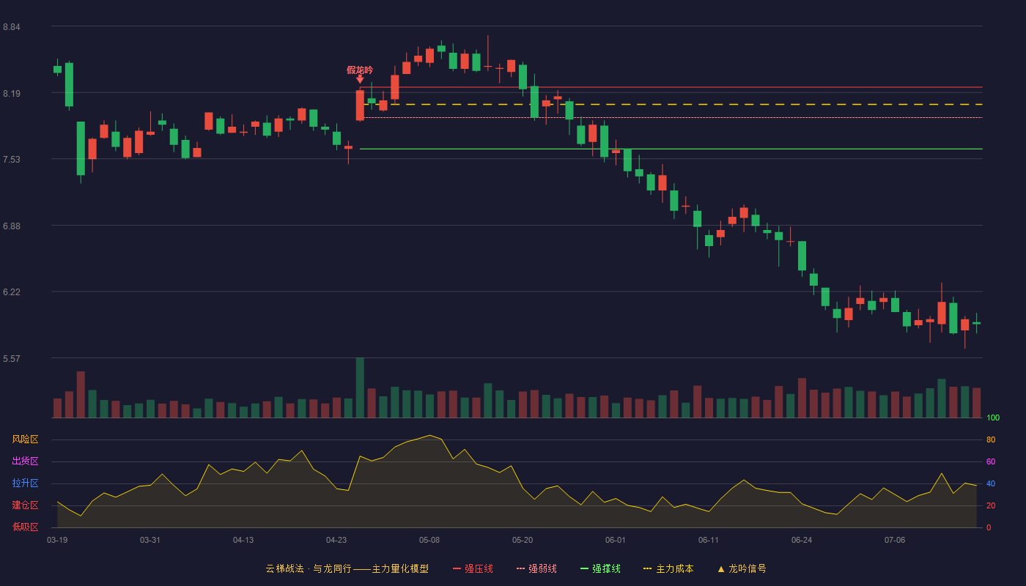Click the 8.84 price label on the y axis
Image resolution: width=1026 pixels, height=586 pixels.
coord(12,27)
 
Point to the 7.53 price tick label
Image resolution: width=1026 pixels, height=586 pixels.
coord(12,160)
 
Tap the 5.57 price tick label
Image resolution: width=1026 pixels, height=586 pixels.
coord(12,358)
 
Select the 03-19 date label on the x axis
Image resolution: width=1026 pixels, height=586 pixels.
coord(57,541)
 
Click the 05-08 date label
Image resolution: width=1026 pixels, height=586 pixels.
coord(429,541)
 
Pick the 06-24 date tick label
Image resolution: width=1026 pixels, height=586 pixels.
coord(802,541)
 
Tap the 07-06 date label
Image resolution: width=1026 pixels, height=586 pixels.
coord(895,541)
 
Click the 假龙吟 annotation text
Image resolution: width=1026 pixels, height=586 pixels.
coord(360,70)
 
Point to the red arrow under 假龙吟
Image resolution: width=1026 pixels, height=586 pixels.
coord(360,79)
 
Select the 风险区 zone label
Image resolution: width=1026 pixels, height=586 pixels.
coord(25,439)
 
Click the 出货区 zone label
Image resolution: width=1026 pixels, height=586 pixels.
coord(25,461)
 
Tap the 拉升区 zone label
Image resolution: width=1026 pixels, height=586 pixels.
coord(25,483)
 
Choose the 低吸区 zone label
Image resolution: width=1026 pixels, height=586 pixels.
coord(25,527)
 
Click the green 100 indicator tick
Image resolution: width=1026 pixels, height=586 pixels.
coord(993,418)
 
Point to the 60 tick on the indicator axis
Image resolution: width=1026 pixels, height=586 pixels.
coord(991,461)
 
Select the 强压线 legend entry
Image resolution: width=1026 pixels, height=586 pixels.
coord(473,568)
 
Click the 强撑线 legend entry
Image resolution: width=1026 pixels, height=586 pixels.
coord(600,568)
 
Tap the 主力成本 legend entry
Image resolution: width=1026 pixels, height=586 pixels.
coord(668,568)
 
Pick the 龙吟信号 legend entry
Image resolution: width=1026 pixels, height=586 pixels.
coord(742,568)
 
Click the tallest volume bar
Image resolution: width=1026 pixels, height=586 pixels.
coord(360,387)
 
